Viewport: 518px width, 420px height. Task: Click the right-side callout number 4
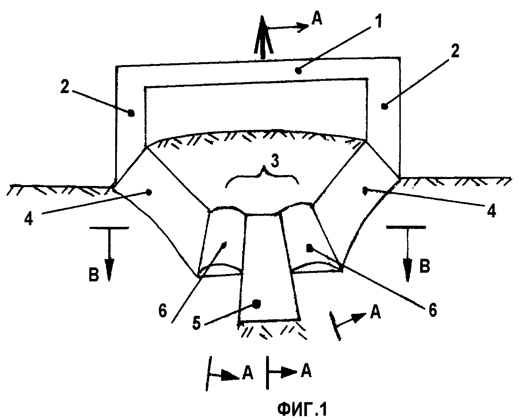492,212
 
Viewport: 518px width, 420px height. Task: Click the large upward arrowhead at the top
263,35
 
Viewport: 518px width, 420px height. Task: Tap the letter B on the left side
94,275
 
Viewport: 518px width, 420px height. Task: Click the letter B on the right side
424,267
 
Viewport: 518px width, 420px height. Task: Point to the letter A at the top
316,20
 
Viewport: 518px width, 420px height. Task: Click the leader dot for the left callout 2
131,113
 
